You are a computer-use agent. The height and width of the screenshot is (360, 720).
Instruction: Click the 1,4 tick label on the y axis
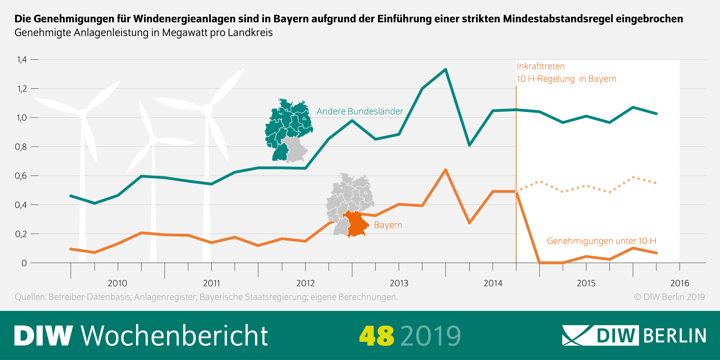(22, 59)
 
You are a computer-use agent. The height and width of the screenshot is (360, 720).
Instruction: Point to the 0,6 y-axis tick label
(21, 176)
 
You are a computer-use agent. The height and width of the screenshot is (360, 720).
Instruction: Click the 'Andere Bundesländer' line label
(359, 111)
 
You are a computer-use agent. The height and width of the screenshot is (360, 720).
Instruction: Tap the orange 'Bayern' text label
(388, 225)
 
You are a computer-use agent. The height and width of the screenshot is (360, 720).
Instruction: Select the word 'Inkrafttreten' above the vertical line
(541, 66)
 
